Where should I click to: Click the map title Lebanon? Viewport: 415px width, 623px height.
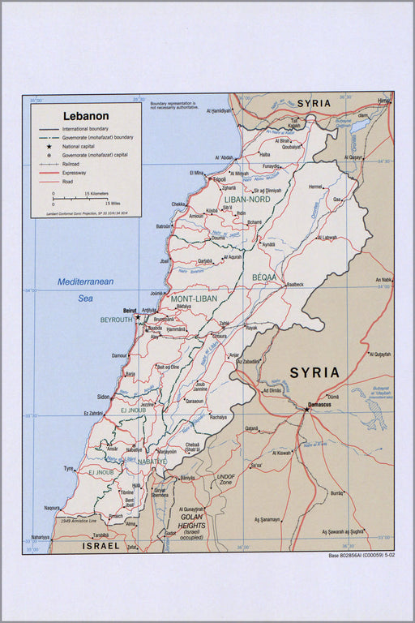pos(86,116)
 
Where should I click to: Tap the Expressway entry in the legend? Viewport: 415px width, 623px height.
pos(73,173)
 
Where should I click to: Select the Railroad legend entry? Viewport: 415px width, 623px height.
pos(70,164)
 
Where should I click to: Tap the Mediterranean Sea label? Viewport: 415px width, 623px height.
pos(85,290)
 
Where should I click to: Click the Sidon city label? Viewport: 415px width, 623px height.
pos(103,397)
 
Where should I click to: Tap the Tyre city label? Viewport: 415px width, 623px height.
pos(69,468)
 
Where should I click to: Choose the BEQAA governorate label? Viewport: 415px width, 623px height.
pos(263,277)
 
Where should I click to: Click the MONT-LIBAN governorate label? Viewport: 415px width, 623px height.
pos(192,299)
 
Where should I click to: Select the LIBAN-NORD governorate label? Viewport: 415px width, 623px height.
pos(246,199)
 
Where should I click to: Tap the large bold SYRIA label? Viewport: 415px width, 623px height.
pos(314,372)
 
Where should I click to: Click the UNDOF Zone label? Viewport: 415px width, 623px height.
pos(226,479)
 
